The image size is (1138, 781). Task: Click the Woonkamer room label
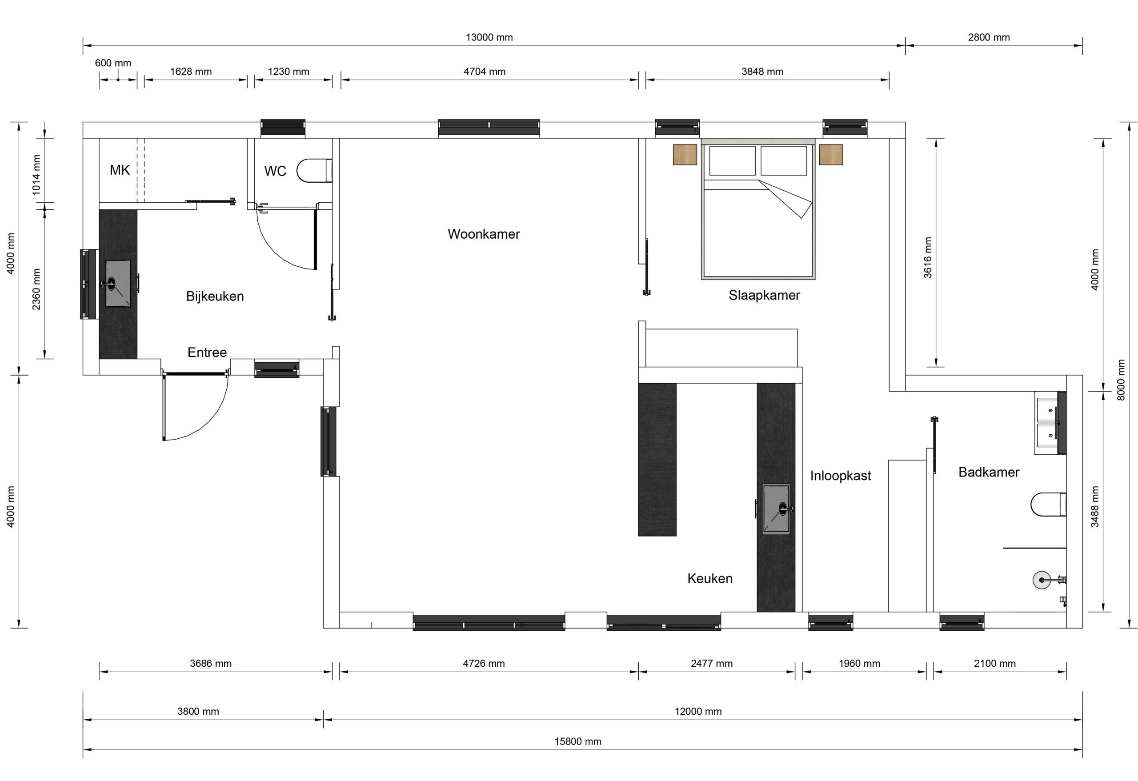point(483,234)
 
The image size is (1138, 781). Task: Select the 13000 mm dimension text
point(489,37)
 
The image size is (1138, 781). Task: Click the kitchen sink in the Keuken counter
point(776,509)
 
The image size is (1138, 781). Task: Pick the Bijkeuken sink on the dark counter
point(117,283)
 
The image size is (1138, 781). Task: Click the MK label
point(120,170)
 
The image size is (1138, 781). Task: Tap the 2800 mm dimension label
point(988,37)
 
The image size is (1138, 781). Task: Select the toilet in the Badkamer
point(1048,505)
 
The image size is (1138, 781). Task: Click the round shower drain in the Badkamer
point(1042,580)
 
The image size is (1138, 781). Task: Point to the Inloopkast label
point(840,476)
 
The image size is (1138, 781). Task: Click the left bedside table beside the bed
point(685,154)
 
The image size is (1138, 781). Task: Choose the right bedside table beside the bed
point(830,154)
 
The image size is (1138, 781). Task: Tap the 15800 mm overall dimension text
point(577,741)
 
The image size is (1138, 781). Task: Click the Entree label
point(207,352)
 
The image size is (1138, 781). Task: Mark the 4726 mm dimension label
point(483,664)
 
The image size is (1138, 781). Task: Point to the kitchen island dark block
point(657,459)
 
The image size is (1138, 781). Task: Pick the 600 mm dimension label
point(112,63)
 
